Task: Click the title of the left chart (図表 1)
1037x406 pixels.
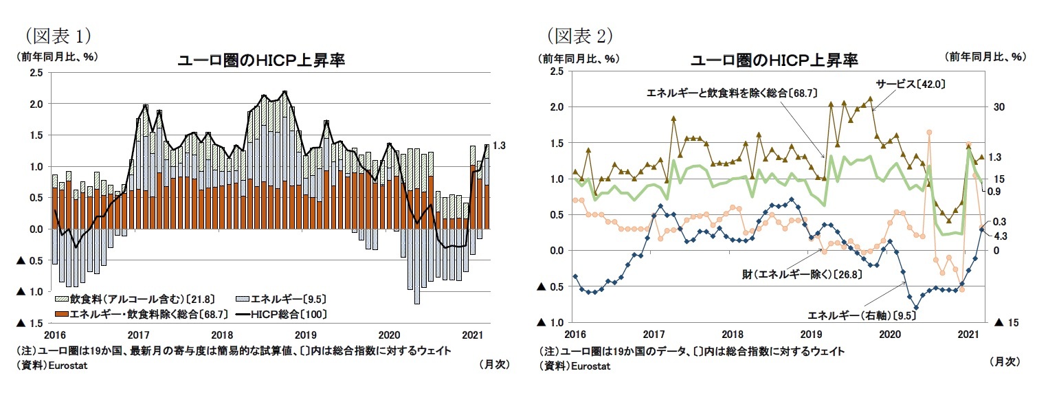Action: (261, 61)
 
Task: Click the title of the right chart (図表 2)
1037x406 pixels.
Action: (774, 61)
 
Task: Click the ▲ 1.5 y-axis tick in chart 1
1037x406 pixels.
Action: (30, 323)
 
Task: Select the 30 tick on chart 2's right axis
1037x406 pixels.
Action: (999, 107)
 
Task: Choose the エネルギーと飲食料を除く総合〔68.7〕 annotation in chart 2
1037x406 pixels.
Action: (731, 91)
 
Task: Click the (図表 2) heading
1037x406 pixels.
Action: (579, 34)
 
